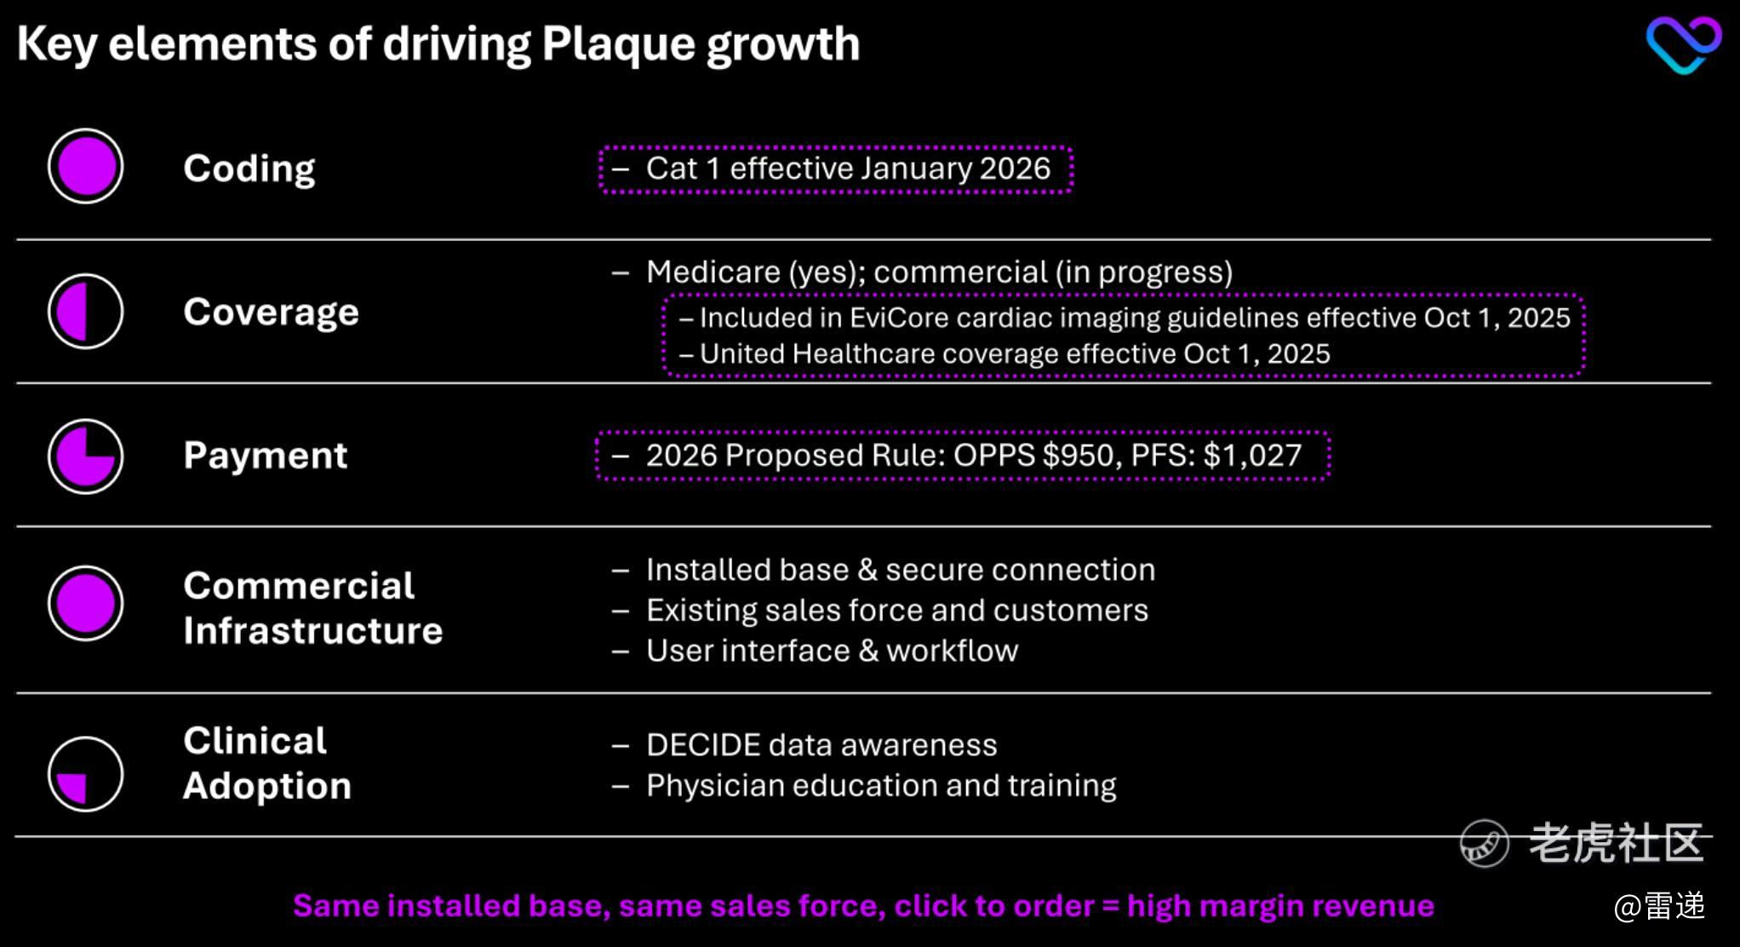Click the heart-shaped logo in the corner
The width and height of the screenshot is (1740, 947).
(x=1683, y=44)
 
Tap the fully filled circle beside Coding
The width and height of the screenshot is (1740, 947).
(x=85, y=166)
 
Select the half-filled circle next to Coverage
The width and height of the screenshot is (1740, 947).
(x=85, y=311)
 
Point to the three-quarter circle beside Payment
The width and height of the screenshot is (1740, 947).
(x=85, y=456)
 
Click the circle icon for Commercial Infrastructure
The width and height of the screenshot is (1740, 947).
(x=85, y=603)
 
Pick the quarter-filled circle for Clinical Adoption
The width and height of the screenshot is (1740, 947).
(x=85, y=773)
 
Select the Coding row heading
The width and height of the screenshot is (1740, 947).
(x=249, y=169)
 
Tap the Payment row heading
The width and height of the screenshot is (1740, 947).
(x=266, y=456)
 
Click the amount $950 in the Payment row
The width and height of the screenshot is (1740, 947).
(x=1079, y=456)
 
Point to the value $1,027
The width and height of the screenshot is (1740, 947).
(x=1252, y=456)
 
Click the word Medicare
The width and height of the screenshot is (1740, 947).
(x=713, y=273)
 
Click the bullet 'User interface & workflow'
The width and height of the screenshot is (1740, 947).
(x=832, y=651)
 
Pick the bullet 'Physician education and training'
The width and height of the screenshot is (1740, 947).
(x=881, y=786)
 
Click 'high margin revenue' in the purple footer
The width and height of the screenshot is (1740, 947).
(x=1280, y=906)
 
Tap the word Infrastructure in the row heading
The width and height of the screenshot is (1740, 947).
(x=313, y=631)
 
